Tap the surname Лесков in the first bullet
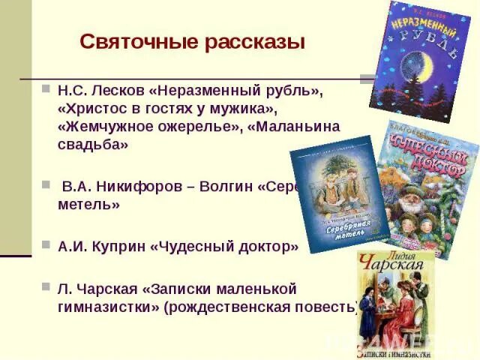coord(115,90)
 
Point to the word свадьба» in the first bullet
coord(93,145)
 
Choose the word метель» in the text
coord(88,204)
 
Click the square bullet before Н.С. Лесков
coord(46,89)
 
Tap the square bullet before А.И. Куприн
coord(46,246)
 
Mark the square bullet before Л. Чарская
coord(46,288)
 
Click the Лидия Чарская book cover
coord(395,304)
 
